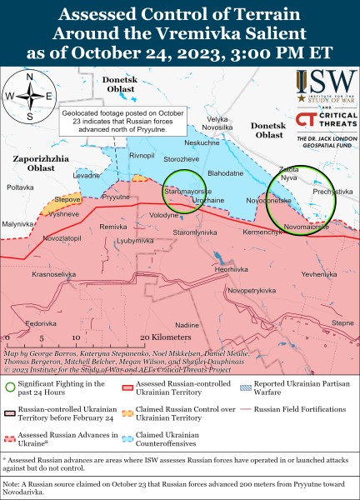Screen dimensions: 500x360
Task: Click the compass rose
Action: coord(30,97)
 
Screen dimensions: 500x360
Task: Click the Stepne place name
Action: coord(342,322)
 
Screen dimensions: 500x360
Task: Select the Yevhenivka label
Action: coord(321,273)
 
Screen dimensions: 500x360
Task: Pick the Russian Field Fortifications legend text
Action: coord(300,410)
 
